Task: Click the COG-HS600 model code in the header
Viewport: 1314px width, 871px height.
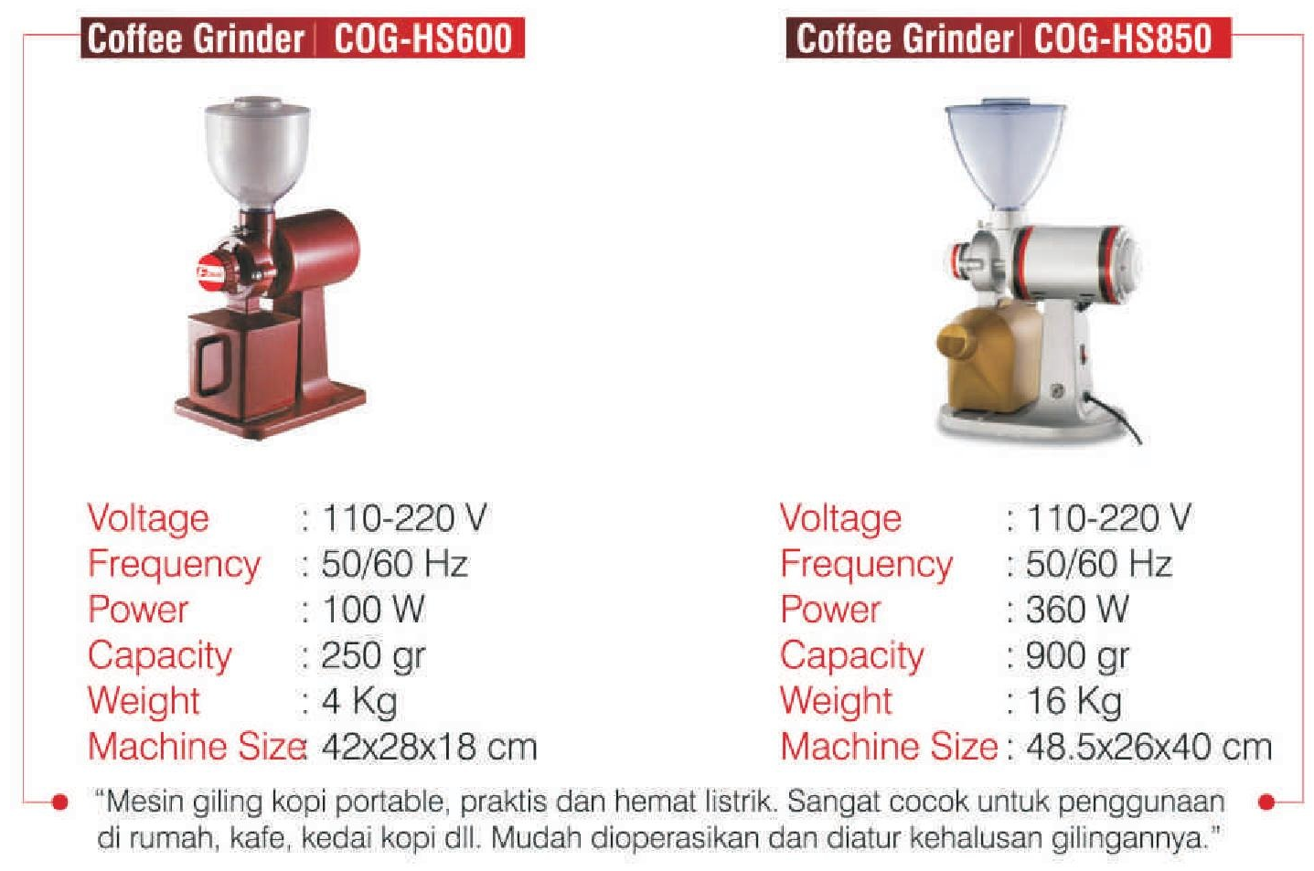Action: pyautogui.click(x=423, y=38)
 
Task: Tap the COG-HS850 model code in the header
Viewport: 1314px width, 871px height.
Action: pyautogui.click(x=1123, y=38)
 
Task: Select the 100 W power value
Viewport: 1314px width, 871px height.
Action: pyautogui.click(x=373, y=609)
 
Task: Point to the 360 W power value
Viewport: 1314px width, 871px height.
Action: pyautogui.click(x=1077, y=609)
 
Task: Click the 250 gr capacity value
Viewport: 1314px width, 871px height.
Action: pyautogui.click(x=373, y=655)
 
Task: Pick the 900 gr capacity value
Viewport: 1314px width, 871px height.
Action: pyautogui.click(x=1077, y=655)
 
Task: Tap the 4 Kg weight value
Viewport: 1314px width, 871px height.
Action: pyautogui.click(x=359, y=701)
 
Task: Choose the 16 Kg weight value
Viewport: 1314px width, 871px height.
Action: pyautogui.click(x=1074, y=701)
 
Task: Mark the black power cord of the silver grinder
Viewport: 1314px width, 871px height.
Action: pyautogui.click(x=1114, y=417)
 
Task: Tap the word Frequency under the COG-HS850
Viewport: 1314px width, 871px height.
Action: pyautogui.click(x=867, y=565)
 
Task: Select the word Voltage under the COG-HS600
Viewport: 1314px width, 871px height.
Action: pyautogui.click(x=148, y=519)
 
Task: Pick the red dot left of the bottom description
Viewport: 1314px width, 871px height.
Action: pyautogui.click(x=59, y=802)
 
